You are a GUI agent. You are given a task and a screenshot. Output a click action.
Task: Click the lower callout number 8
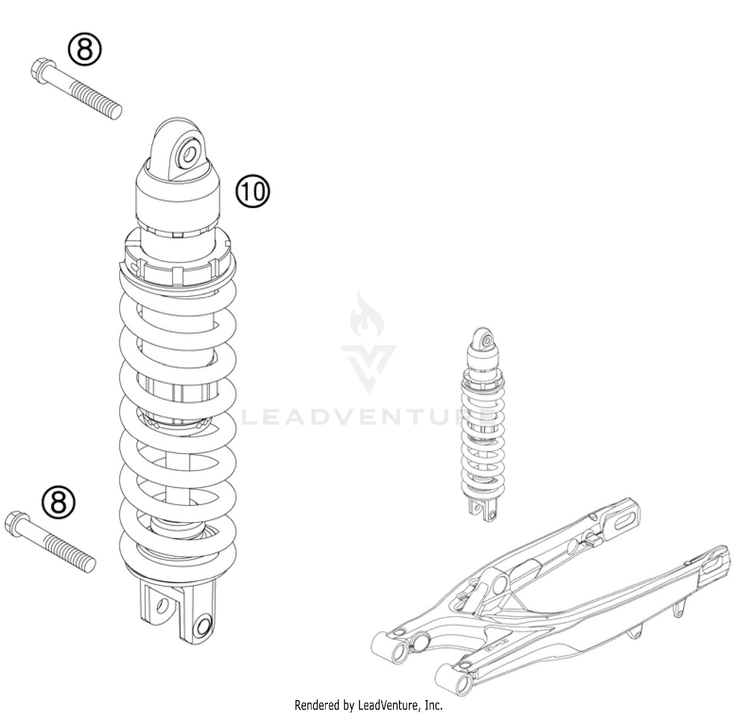(x=59, y=502)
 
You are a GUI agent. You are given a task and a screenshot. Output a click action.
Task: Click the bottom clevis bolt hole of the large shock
(x=202, y=626)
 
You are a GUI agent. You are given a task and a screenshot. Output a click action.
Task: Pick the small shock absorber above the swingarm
(x=482, y=423)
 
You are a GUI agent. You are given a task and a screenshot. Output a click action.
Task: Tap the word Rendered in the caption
(x=316, y=705)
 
